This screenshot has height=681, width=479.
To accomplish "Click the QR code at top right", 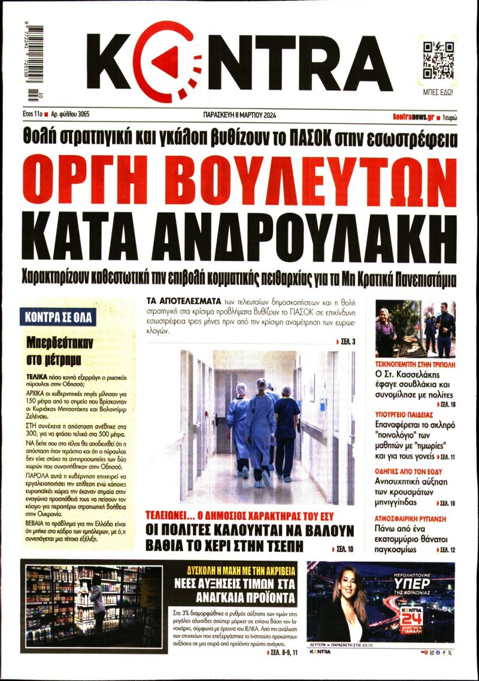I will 437,61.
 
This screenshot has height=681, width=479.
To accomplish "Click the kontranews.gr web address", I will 414,116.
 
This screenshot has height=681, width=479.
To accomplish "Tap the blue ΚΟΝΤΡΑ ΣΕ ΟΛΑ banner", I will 57,317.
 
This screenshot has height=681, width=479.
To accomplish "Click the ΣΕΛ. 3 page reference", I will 345,342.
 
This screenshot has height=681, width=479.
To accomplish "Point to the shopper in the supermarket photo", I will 96,599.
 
